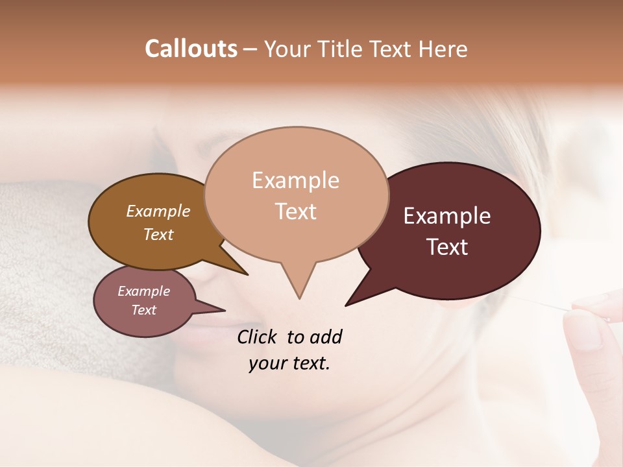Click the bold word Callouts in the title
191,49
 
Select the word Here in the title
441,49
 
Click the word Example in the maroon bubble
447,216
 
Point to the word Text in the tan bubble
296,211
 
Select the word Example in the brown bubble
158,211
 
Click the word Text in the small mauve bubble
143,310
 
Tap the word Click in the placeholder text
258,337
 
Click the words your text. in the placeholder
289,364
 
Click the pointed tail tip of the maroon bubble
346,305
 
